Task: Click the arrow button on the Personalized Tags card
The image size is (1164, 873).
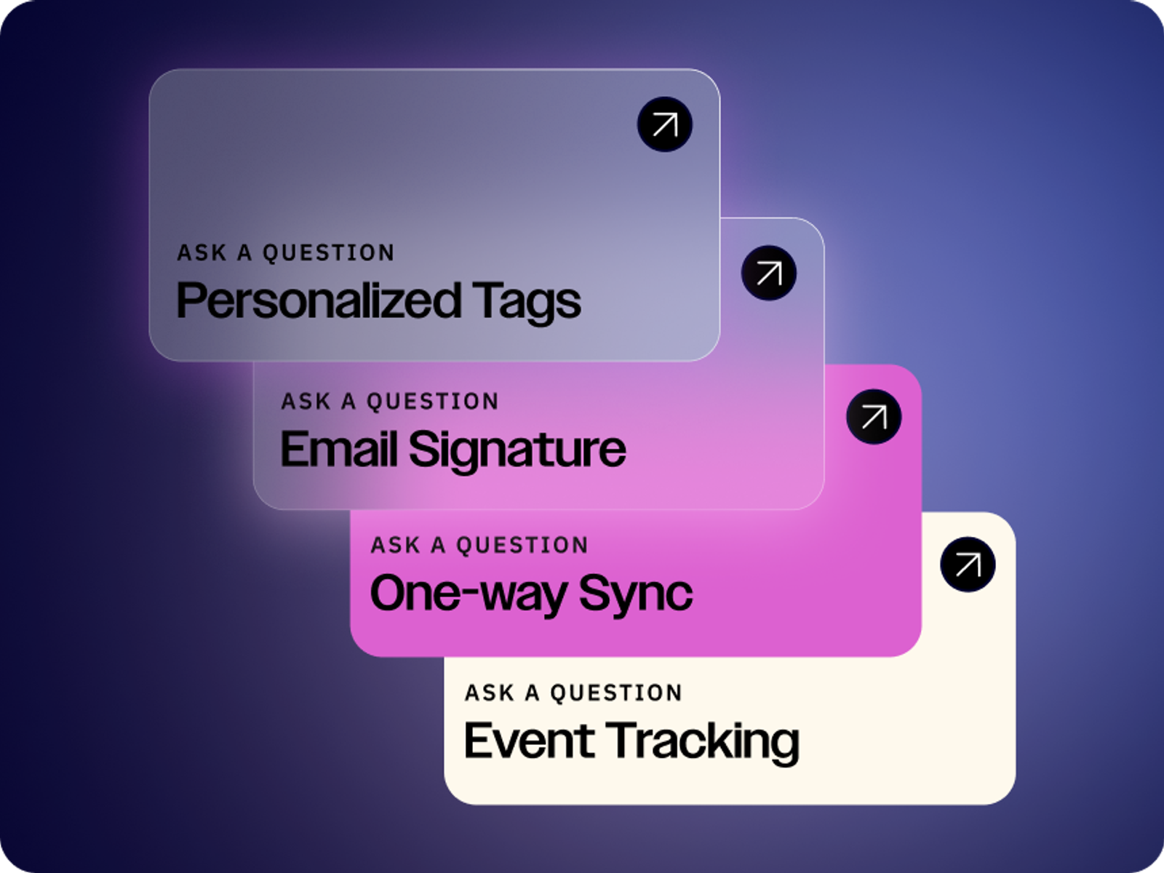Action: point(664,124)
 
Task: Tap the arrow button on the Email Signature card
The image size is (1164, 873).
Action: point(768,273)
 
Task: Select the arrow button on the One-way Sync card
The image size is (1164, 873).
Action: point(874,417)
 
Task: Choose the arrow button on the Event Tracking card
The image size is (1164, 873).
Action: point(968,565)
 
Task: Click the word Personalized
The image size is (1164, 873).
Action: point(319,300)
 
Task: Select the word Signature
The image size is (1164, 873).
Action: point(517,450)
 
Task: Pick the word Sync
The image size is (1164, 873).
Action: point(636,594)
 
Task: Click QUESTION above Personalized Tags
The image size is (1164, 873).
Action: point(329,253)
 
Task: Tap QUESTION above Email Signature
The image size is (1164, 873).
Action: point(433,402)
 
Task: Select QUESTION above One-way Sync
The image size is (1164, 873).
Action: point(522,546)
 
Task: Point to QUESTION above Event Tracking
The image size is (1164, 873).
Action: point(616,693)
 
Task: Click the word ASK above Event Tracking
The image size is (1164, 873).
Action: point(490,693)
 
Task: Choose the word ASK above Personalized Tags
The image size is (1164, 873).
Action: point(202,253)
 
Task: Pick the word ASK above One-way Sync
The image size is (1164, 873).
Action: point(396,546)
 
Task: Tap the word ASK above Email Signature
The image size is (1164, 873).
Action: point(306,402)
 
